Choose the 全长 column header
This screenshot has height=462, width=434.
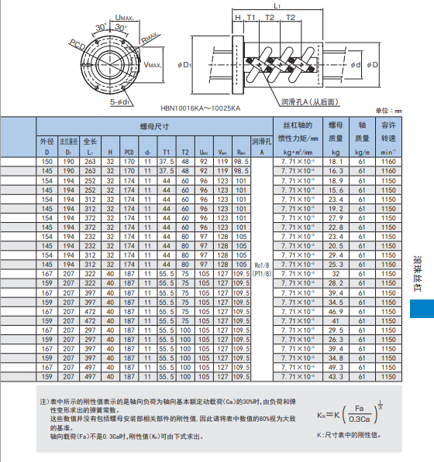pyautogui.click(x=89, y=142)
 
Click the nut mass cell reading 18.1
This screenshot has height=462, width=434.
pyautogui.click(x=336, y=161)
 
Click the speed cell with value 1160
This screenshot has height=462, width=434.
pyautogui.click(x=388, y=161)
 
